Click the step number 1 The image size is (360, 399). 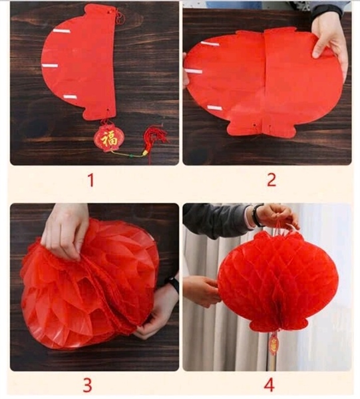pos(90,180)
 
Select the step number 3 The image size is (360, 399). pos(87,384)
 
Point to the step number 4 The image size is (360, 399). pos(268,384)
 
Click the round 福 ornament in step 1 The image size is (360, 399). pos(108,138)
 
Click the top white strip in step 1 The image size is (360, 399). pos(62,31)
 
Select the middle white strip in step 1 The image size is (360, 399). pos(51,65)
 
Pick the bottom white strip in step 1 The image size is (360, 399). pos(70,97)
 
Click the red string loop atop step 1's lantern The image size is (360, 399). pos(120,15)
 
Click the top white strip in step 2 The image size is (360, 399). pos(210,44)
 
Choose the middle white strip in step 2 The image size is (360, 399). pos(194,70)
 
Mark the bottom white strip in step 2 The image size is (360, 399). pos(214,106)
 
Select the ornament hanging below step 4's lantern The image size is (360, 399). pos(273,343)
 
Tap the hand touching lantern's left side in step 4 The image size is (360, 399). pos(202,291)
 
